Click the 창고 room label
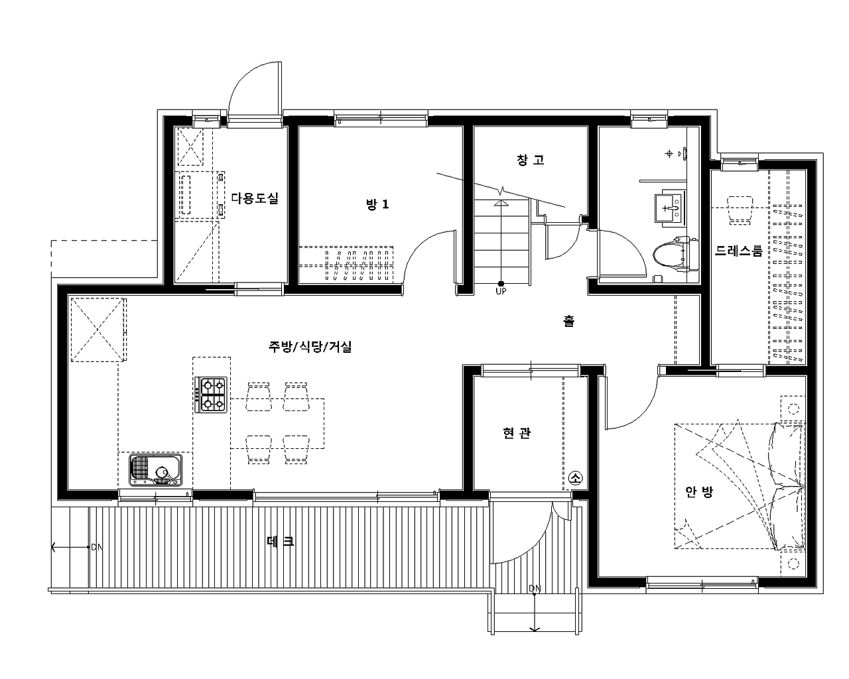point(530,160)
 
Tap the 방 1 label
point(377,204)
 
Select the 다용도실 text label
point(255,198)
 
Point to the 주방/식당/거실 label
point(310,346)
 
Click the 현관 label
point(517,433)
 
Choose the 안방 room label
point(699,491)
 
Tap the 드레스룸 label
point(739,251)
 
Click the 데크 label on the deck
point(281,541)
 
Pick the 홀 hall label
point(568,321)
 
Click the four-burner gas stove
point(211,395)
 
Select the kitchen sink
point(156,469)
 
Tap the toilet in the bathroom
point(676,255)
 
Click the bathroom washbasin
point(669,207)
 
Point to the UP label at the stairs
point(501,291)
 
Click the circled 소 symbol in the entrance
point(575,478)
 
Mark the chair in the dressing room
point(740,210)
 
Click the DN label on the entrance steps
point(535,589)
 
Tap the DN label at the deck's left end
point(97,547)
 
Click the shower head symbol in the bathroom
point(669,153)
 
